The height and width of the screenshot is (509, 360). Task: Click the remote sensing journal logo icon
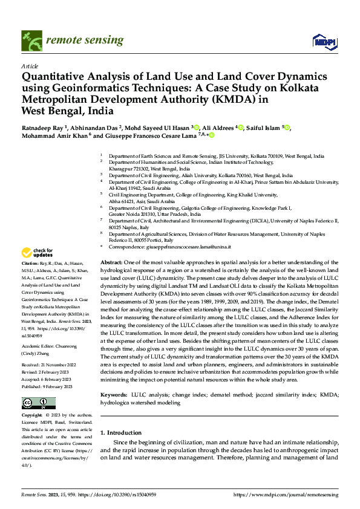pyautogui.click(x=28, y=39)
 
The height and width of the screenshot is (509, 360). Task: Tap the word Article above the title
pyautogui.click(x=30, y=66)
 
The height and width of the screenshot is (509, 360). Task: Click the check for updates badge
pyautogui.click(x=38, y=253)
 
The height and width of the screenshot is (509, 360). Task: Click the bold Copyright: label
pyautogui.click(x=32, y=417)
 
